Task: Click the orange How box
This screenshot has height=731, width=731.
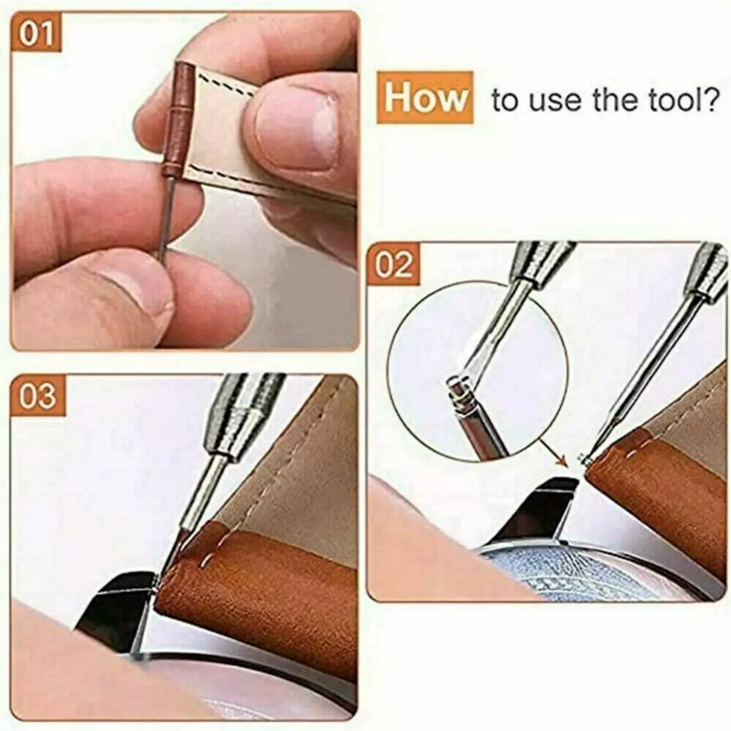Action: pyautogui.click(x=425, y=97)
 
